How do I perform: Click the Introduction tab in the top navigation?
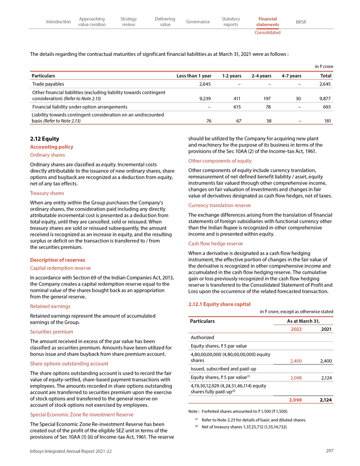tap(58, 22)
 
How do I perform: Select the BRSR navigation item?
tap(301, 22)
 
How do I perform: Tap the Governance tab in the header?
tap(198, 22)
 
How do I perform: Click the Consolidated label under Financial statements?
tap(267, 32)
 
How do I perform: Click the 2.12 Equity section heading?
tap(44, 139)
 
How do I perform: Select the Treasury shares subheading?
tap(47, 193)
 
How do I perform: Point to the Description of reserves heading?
tap(57, 260)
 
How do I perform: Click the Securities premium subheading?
tap(51, 332)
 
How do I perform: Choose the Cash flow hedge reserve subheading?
tap(215, 244)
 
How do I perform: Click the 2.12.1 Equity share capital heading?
tap(219, 304)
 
